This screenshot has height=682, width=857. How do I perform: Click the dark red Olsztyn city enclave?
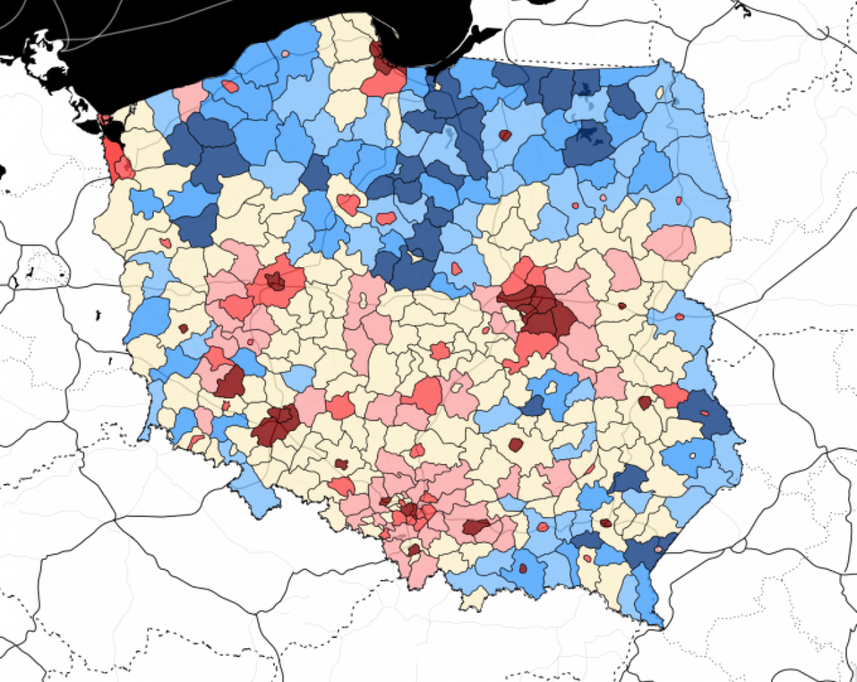click(x=504, y=135)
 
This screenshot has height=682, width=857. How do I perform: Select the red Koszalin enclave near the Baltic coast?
click(x=231, y=86)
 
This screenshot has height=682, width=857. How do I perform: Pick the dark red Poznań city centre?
click(x=275, y=281)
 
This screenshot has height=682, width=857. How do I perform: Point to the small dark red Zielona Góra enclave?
click(x=183, y=329)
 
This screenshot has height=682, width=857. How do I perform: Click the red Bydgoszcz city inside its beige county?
click(x=348, y=204)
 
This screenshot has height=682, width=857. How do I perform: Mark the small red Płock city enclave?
click(x=456, y=268)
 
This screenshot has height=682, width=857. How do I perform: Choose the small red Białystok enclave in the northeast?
click(x=679, y=201)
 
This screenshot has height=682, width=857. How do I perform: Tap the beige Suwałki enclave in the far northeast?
click(x=660, y=93)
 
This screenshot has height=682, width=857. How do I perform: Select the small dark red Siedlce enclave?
click(x=622, y=306)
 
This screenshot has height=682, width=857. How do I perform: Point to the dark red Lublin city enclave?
click(x=644, y=402)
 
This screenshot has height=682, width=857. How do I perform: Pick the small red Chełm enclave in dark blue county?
click(x=705, y=413)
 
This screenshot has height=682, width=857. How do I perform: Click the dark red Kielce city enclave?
click(x=515, y=444)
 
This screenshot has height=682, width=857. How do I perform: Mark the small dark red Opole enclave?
click(x=341, y=464)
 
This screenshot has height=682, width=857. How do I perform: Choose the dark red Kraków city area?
click(x=475, y=526)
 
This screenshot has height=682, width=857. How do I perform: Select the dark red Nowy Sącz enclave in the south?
click(x=520, y=568)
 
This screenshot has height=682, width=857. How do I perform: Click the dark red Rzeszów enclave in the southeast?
click(x=605, y=523)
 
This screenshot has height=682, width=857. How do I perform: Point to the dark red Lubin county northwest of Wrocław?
click(x=231, y=381)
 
